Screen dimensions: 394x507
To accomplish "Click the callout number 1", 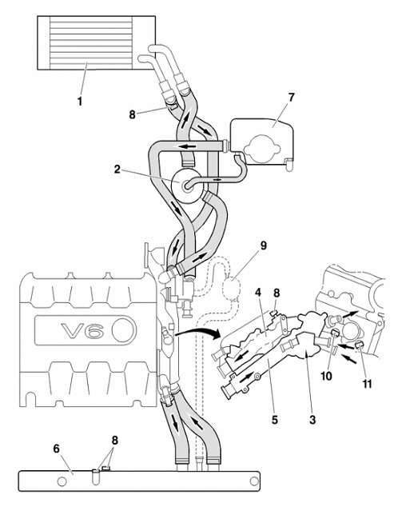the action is click(79, 101).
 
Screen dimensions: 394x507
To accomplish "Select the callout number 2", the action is click(117, 169).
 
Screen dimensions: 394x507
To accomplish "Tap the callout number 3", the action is click(312, 419).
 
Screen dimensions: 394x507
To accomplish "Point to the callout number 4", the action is click(257, 293).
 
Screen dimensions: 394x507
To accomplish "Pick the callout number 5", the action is click(275, 419).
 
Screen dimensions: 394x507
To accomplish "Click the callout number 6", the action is click(57, 449).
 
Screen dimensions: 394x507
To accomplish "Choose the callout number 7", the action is click(291, 98).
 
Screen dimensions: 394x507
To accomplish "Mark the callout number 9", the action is click(264, 246).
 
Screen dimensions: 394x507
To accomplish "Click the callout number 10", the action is click(326, 376).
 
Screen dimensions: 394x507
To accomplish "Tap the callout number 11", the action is click(367, 384).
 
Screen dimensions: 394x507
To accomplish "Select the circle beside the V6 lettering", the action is click(123, 330).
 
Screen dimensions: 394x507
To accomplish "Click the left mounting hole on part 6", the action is click(62, 481).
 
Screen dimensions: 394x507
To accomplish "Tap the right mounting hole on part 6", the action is click(255, 481).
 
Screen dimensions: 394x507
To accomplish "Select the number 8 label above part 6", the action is click(115, 441).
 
